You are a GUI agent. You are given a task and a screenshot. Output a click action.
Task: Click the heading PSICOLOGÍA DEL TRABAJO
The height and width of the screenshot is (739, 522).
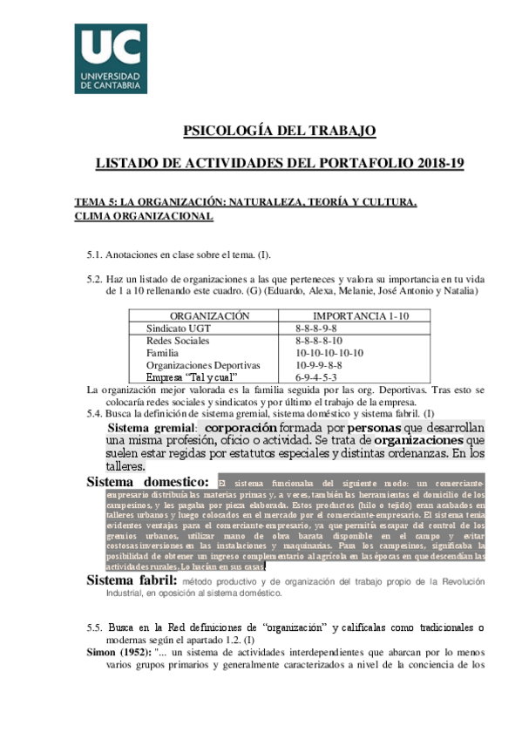pyautogui.click(x=279, y=132)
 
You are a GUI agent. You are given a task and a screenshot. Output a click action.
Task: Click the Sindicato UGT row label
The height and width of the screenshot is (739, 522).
pyautogui.click(x=179, y=329)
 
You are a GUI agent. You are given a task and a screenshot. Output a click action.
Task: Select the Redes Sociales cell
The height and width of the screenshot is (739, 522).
pyautogui.click(x=178, y=341)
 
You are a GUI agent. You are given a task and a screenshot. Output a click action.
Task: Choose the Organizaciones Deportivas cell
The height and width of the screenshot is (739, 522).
pyautogui.click(x=202, y=365)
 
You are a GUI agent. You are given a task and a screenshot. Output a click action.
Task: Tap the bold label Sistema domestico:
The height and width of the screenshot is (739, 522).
pyautogui.click(x=148, y=482)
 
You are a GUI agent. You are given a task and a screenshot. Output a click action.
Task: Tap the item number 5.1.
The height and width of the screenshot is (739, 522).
pyautogui.click(x=94, y=254)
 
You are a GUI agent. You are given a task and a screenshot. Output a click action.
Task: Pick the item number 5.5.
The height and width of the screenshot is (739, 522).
pyautogui.click(x=95, y=627)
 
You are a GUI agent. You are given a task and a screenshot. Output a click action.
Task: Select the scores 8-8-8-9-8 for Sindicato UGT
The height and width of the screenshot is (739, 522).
pyautogui.click(x=315, y=329)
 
